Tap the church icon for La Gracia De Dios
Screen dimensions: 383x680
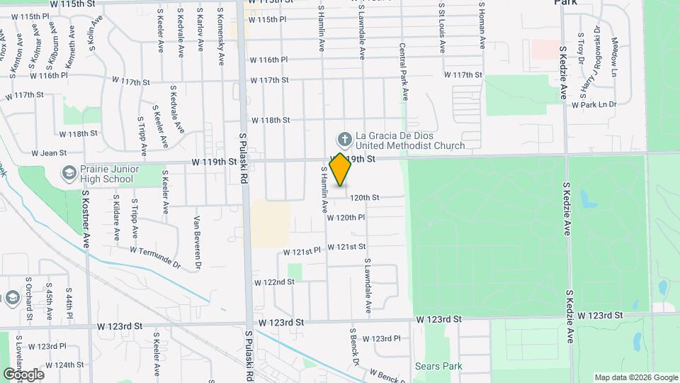[344, 139]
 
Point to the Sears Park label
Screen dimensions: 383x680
[438, 367]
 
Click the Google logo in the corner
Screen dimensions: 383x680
[23, 374]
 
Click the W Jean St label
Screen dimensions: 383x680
[49, 152]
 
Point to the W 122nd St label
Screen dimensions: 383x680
[274, 282]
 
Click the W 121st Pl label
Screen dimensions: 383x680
[302, 251]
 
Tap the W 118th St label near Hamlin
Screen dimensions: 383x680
[271, 120]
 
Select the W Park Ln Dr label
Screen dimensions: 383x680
[594, 104]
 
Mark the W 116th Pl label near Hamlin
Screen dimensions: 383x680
[268, 60]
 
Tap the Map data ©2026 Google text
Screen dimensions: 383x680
[635, 377]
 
